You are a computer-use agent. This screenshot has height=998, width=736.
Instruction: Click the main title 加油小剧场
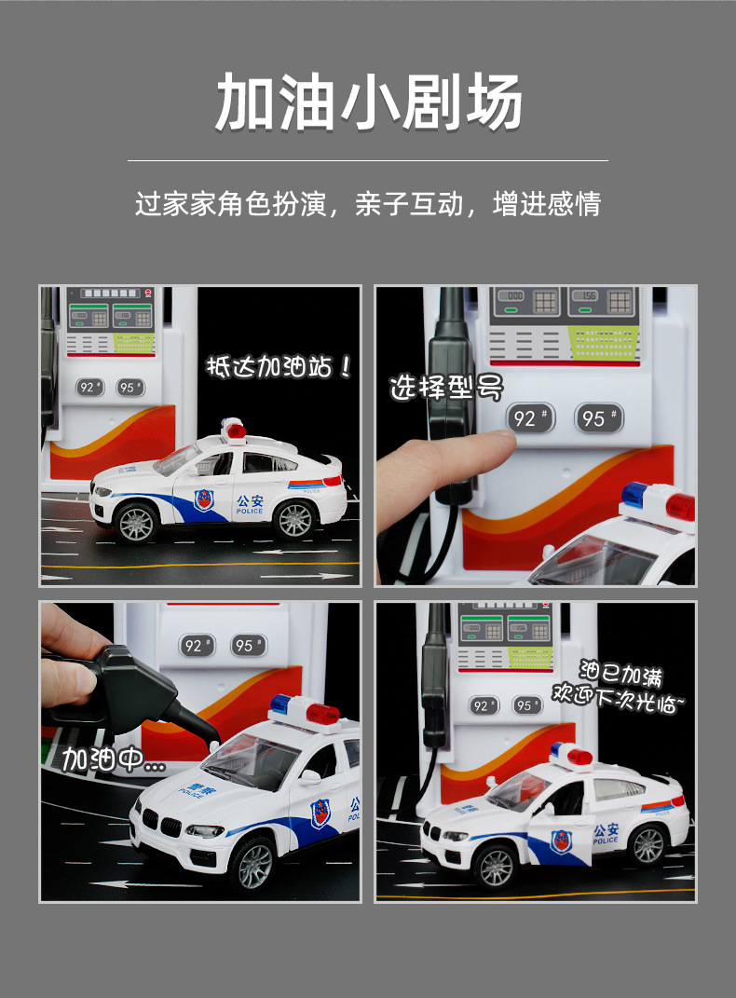coord(368,102)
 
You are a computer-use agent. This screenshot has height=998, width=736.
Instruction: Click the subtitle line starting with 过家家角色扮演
coord(368,203)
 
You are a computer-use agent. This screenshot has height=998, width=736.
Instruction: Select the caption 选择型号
coord(446,387)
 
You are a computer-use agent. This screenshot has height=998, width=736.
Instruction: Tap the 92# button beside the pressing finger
coord(529,418)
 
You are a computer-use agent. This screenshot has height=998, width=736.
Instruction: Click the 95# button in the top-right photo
coord(598,418)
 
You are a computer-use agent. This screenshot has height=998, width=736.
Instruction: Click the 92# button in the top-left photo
coord(90,388)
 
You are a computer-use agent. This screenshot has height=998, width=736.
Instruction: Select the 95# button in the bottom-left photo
coord(247,645)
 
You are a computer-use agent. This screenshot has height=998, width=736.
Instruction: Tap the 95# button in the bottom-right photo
coord(527,705)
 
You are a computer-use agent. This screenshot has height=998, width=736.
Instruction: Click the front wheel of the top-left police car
coord(136,523)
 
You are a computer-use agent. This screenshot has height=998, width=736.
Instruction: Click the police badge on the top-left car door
coord(203,500)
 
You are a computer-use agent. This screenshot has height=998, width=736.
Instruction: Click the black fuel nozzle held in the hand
coord(130,690)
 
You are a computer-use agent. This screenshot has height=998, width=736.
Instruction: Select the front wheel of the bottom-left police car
coord(252,866)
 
